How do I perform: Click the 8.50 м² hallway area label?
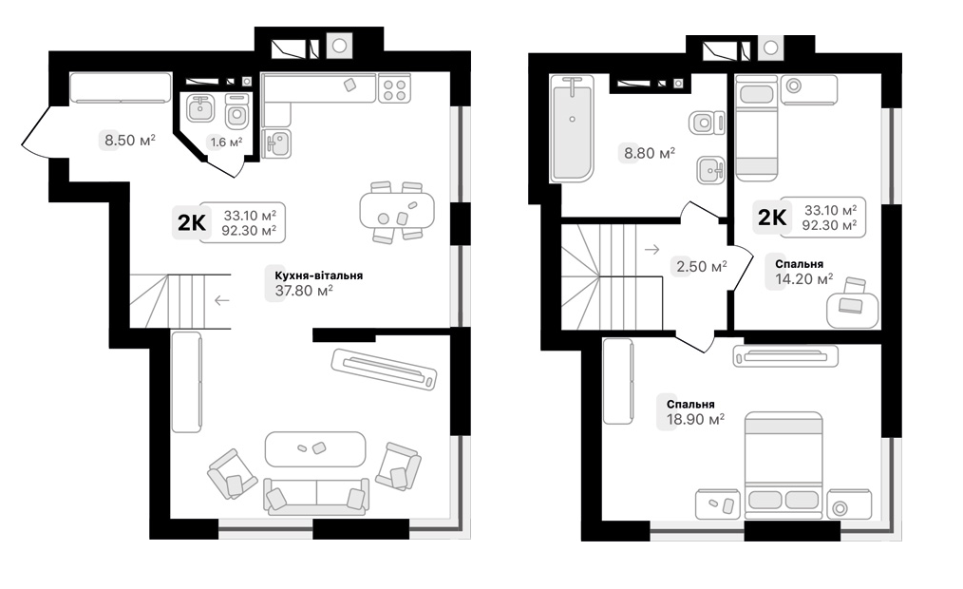129,141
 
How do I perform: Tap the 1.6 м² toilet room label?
225,142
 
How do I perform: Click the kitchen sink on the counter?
277,143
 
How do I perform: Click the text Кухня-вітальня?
317,275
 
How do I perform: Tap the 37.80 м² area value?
303,292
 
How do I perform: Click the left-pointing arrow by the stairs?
221,301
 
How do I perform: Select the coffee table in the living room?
315,447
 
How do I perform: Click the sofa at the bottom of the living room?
315,496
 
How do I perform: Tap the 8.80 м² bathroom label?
649,152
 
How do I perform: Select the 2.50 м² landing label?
700,266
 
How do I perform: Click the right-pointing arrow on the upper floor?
651,250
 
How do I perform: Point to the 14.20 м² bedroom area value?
803,279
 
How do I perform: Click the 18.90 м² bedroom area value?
695,419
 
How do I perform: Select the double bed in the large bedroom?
783,465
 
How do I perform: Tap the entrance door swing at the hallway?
38,141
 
